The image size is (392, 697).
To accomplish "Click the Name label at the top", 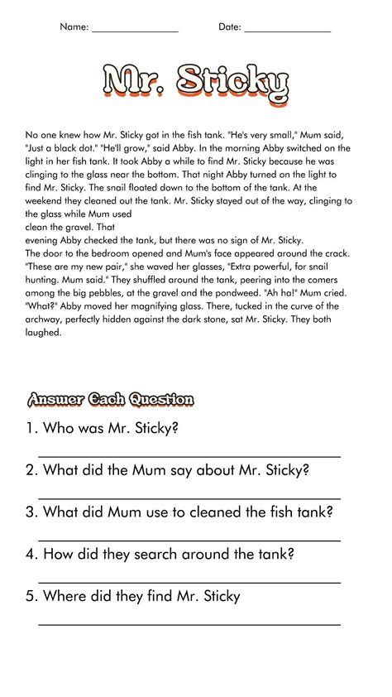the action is [x=74, y=27].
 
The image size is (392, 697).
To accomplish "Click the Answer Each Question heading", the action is [x=110, y=400].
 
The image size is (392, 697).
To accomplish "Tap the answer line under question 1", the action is [x=189, y=456].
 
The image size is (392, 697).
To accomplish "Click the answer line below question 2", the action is [x=189, y=498].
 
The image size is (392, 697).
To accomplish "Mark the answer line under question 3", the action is [x=189, y=541].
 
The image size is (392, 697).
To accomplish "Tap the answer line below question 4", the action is [x=189, y=583].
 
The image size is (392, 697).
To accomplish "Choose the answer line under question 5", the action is [x=189, y=624].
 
